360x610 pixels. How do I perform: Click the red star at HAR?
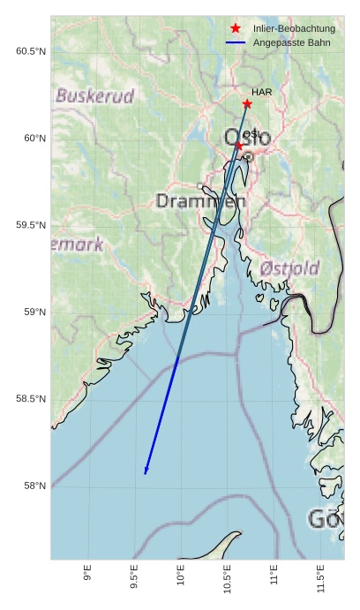click(x=247, y=104)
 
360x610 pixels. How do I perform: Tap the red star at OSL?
click(x=238, y=145)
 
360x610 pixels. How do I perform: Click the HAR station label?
click(x=260, y=92)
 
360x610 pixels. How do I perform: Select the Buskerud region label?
click(x=94, y=95)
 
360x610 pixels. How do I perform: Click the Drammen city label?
click(x=200, y=201)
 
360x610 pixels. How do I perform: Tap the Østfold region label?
click(x=290, y=267)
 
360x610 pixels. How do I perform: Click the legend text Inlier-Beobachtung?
click(x=294, y=29)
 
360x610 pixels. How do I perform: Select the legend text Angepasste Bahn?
click(x=290, y=42)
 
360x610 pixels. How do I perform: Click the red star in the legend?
click(x=235, y=29)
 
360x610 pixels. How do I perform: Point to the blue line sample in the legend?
click(x=235, y=42)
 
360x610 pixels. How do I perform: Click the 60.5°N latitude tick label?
click(x=31, y=51)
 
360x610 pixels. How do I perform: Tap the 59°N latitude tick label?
click(x=34, y=313)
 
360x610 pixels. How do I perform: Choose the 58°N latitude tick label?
click(x=34, y=486)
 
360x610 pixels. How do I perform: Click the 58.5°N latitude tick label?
click(x=31, y=399)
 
